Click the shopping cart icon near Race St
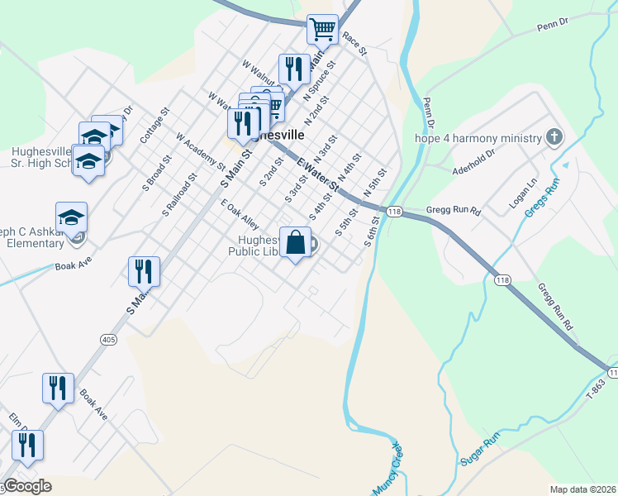pos(322,30)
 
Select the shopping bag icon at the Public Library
pos(295,243)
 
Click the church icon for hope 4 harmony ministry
pos(554,137)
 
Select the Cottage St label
pos(154,125)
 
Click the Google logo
pos(28,486)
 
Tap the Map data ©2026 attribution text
pos(582,489)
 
